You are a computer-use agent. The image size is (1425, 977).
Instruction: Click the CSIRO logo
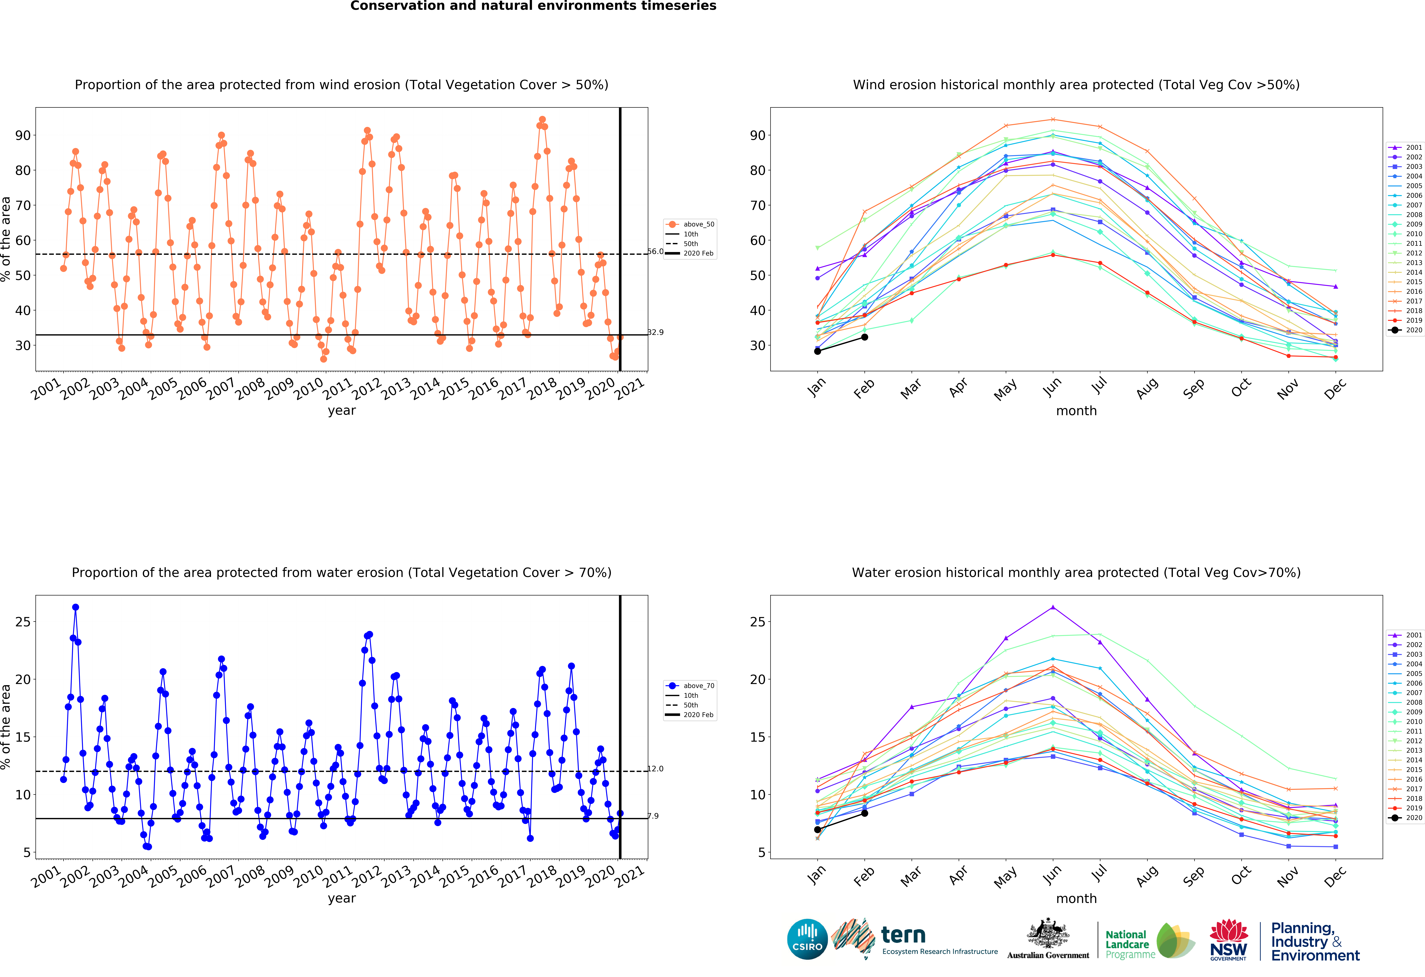tap(807, 939)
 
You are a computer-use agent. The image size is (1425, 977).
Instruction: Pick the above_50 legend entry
tap(690, 224)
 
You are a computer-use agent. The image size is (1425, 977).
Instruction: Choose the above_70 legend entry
tap(690, 686)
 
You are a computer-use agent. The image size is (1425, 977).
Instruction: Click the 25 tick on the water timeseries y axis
tap(23, 622)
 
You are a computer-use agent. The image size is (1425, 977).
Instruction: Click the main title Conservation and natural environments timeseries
tap(533, 6)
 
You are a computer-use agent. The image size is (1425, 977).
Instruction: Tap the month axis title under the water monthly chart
tap(1076, 899)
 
